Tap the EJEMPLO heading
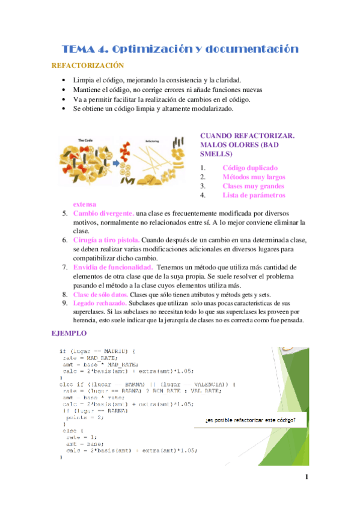click(69, 333)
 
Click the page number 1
click(306, 478)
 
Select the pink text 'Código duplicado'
click(249, 168)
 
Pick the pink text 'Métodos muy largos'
click(254, 177)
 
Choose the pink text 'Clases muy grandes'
click(252, 186)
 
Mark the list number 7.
click(65, 267)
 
